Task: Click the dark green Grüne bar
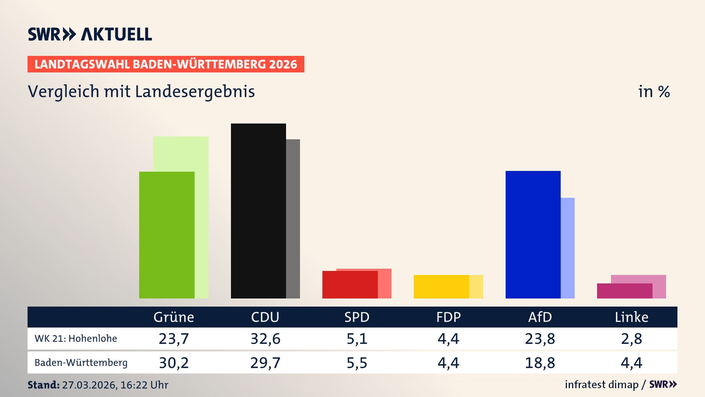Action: click(x=167, y=235)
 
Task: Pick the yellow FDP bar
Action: click(x=441, y=286)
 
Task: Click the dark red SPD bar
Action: click(x=350, y=285)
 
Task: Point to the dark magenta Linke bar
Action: click(x=625, y=291)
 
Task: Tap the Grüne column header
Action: click(x=174, y=317)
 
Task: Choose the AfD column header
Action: click(x=540, y=317)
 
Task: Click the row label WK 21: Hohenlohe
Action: click(x=76, y=339)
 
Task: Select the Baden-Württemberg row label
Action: click(x=81, y=363)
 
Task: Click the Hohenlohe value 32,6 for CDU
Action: click(x=265, y=339)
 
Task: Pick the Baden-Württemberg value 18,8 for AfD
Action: click(x=540, y=363)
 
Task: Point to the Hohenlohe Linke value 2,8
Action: click(x=632, y=339)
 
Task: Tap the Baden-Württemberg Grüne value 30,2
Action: click(x=174, y=363)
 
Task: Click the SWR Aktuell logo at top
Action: click(x=90, y=34)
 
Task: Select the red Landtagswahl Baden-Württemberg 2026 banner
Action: click(x=166, y=64)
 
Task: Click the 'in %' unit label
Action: click(x=654, y=92)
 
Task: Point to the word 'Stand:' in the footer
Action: click(x=43, y=385)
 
